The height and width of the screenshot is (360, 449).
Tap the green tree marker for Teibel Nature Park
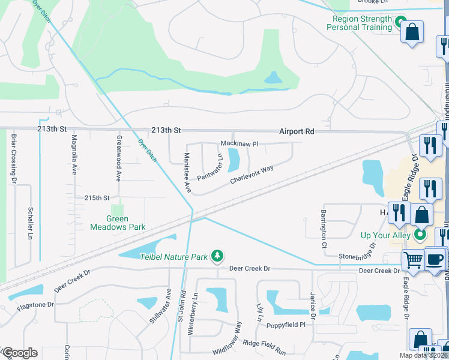click(217, 257)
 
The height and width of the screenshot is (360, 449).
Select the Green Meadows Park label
click(118, 223)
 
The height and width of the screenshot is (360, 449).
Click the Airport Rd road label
click(297, 131)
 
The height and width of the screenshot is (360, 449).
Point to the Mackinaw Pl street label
click(239, 144)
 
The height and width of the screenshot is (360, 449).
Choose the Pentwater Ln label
click(210, 167)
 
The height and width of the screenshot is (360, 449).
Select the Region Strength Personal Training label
click(361, 23)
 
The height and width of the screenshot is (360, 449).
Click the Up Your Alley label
click(385, 235)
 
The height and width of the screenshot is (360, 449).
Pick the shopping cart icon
click(413, 260)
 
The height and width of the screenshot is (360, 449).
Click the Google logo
click(20, 353)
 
